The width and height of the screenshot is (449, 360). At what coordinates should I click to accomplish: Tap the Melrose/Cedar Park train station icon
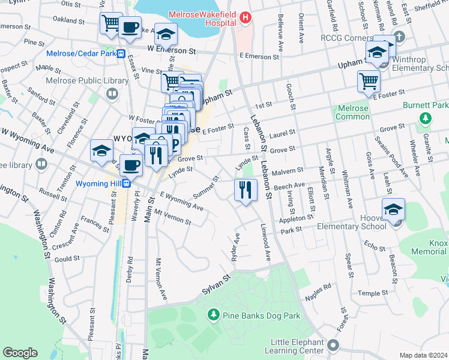(x=121, y=53)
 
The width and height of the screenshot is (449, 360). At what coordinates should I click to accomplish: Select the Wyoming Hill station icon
(x=127, y=183)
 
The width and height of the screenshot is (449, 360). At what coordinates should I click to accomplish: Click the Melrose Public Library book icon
(x=112, y=94)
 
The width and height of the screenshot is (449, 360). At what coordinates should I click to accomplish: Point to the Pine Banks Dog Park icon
(x=212, y=314)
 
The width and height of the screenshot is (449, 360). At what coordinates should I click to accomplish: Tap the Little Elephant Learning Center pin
(x=333, y=346)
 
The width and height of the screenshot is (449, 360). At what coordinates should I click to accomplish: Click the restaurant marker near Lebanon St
(x=246, y=190)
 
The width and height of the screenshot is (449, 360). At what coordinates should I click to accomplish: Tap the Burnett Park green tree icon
(x=426, y=119)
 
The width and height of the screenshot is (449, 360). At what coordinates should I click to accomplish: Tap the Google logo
(x=20, y=353)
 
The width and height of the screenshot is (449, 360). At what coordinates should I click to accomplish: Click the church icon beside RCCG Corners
(x=401, y=38)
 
